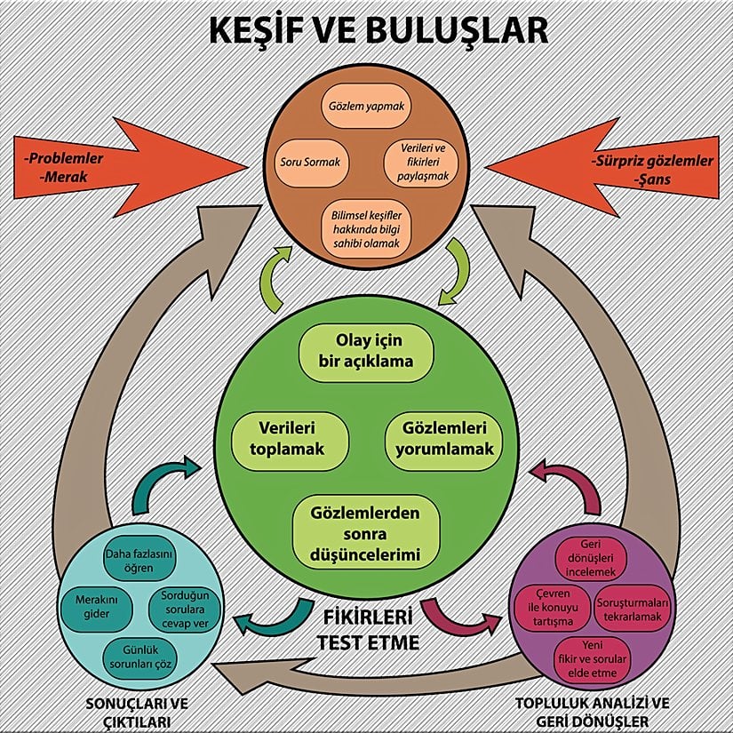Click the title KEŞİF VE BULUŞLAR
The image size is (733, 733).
pos(366,29)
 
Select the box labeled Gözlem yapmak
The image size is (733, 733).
pos(366,105)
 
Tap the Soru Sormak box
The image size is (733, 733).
pos(309,163)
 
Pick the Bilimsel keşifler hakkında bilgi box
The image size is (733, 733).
pos(366,227)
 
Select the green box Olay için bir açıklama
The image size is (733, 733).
pos(366,351)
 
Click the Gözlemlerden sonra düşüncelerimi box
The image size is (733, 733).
pos(366,530)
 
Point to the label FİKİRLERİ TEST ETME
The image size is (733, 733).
pos(367,628)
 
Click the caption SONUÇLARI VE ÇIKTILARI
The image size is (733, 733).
pos(126,711)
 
